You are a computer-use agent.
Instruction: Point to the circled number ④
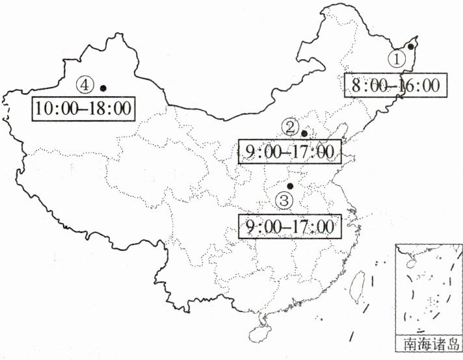click(85, 84)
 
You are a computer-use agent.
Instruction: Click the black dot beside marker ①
click(411, 46)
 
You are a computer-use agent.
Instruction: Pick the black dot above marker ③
click(291, 186)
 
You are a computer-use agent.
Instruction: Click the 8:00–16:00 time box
click(396, 85)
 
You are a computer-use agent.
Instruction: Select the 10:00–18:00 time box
click(84, 108)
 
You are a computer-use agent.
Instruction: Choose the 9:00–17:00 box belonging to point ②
click(290, 152)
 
